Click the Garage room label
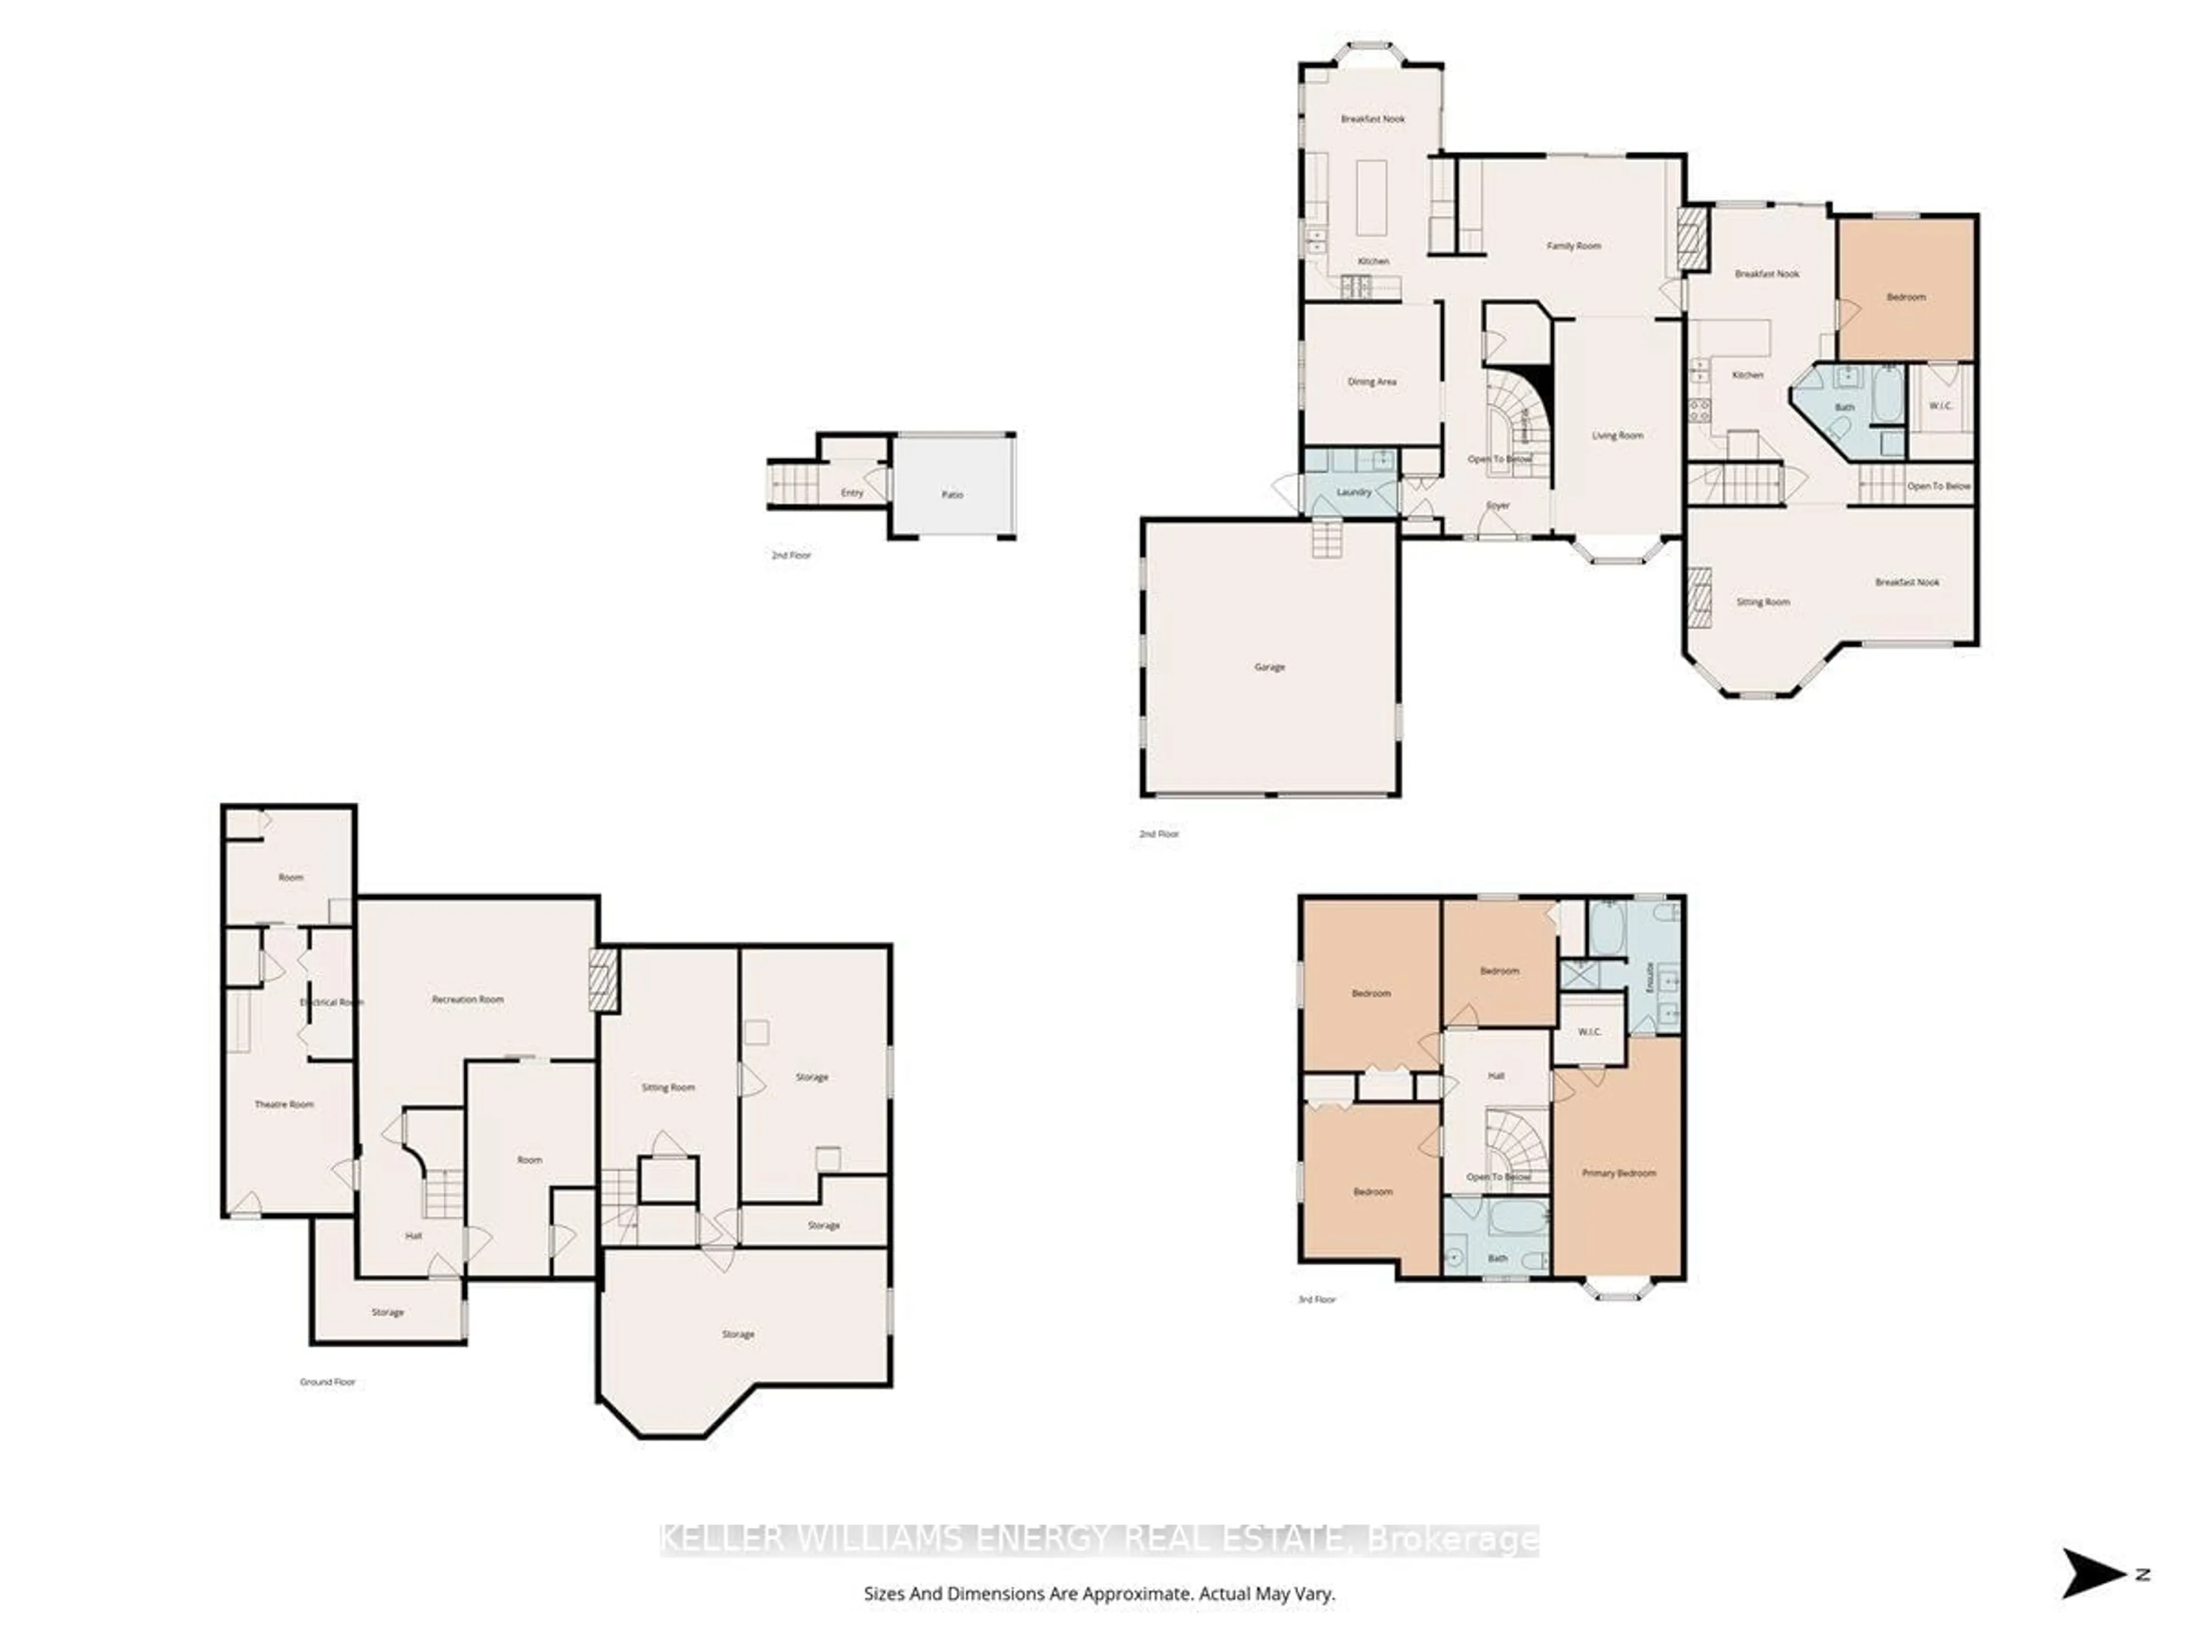point(1270,667)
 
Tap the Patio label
point(952,494)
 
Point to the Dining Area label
point(1372,382)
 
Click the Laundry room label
point(1354,492)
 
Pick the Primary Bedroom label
point(1618,1173)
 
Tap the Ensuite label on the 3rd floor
point(1651,977)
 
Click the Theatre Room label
point(284,1104)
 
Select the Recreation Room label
point(467,999)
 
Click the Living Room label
point(1617,435)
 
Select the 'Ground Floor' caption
point(327,1382)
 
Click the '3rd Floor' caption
point(1317,1299)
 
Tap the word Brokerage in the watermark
point(1452,1540)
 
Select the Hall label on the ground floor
point(413,1236)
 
